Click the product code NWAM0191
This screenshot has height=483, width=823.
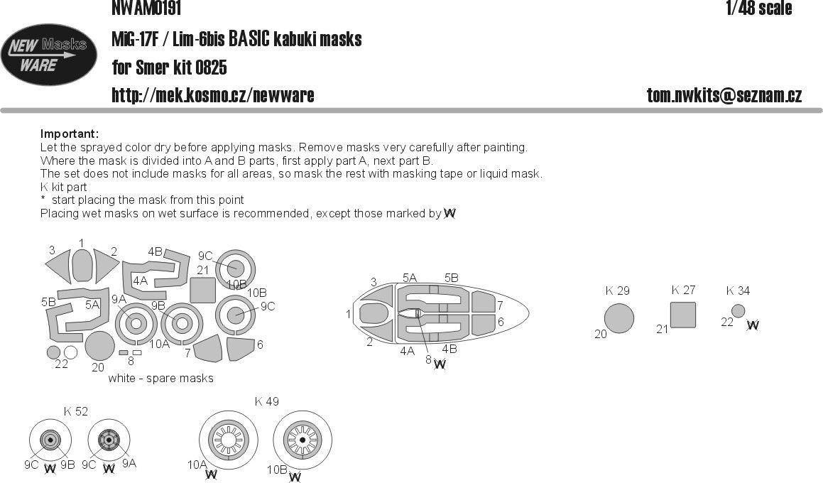point(146,9)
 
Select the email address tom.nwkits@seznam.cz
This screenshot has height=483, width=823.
point(724,95)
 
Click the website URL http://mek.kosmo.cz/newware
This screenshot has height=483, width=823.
point(212,95)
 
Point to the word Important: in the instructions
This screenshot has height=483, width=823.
point(70,134)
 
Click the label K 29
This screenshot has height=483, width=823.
point(617,291)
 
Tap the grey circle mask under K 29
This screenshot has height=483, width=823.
point(618,318)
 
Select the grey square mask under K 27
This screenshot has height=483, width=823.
point(682,315)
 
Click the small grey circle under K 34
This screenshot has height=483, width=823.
point(738,310)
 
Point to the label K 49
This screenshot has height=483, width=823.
point(266,402)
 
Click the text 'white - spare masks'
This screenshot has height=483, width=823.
point(160,379)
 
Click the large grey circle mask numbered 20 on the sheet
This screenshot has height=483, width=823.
point(99,346)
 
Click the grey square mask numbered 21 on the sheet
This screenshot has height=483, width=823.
point(204,291)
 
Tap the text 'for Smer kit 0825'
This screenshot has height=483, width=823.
point(169,67)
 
